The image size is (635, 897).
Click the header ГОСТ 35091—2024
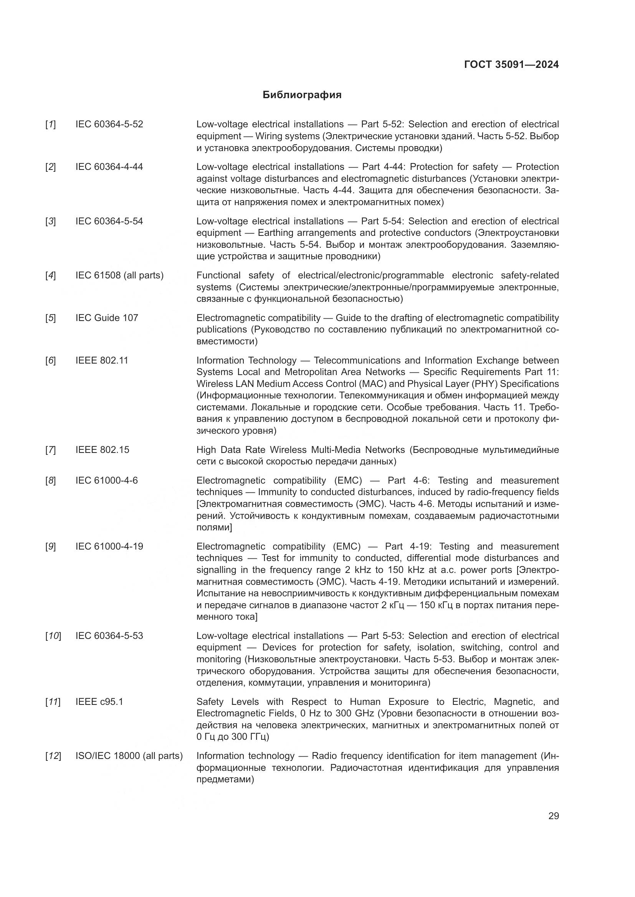pyautogui.click(x=511, y=64)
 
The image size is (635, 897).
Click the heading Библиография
pyautogui.click(x=302, y=95)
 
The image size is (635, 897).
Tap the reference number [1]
pyautogui.click(x=50, y=125)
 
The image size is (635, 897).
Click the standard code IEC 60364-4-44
pyautogui.click(x=109, y=167)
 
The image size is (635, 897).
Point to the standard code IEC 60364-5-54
pyautogui.click(x=109, y=221)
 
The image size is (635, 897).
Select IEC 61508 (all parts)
pyautogui.click(x=119, y=275)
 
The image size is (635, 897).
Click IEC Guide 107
pyautogui.click(x=107, y=318)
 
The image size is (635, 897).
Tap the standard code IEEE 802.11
pyautogui.click(x=102, y=360)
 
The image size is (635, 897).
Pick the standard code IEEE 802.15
pyautogui.click(x=102, y=450)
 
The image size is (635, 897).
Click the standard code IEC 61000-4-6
pyautogui.click(x=106, y=480)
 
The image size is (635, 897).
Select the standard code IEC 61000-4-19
pyautogui.click(x=109, y=546)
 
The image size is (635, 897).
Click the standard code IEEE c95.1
pyautogui.click(x=99, y=702)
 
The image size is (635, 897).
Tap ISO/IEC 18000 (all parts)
pyautogui.click(x=129, y=756)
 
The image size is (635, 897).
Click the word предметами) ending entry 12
pyautogui.click(x=225, y=779)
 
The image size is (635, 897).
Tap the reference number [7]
pyautogui.click(x=50, y=450)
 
